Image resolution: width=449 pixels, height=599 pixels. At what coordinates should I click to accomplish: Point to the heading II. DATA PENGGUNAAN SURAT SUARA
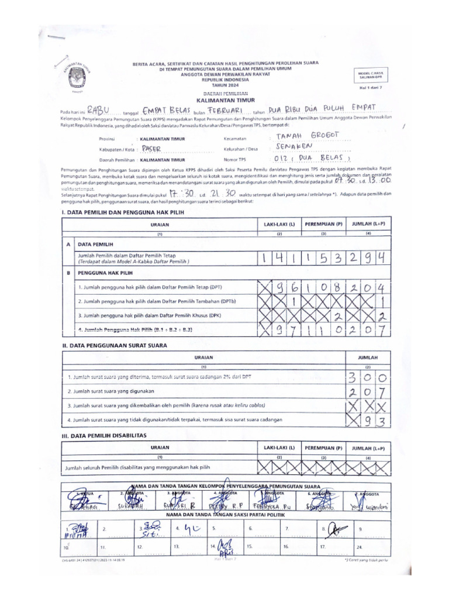(x=115, y=345)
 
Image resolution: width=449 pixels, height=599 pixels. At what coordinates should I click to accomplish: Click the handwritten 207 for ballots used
(x=368, y=391)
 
